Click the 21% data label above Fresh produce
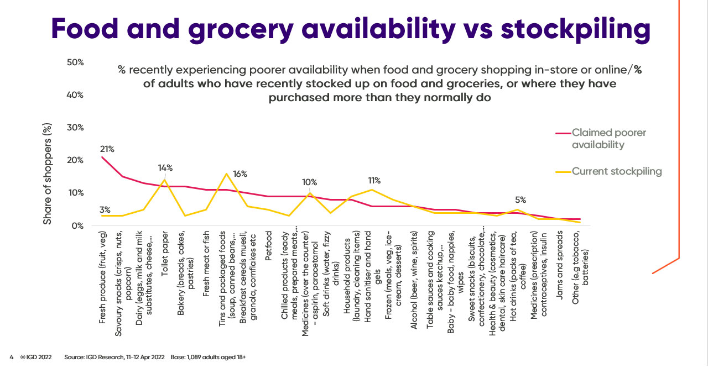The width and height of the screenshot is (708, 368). [107, 149]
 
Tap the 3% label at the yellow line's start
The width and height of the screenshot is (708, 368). [105, 209]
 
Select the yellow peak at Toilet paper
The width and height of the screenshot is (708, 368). [164, 180]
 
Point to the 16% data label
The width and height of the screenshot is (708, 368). [240, 174]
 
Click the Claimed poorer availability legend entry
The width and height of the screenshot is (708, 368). [608, 139]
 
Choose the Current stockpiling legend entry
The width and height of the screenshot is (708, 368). [617, 171]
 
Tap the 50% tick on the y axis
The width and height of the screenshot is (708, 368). [75, 62]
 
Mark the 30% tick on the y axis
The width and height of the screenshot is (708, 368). [75, 128]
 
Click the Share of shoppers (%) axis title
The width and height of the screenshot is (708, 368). [48, 174]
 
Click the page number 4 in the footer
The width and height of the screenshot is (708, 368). [11, 357]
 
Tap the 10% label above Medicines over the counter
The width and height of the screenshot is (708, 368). [309, 183]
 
